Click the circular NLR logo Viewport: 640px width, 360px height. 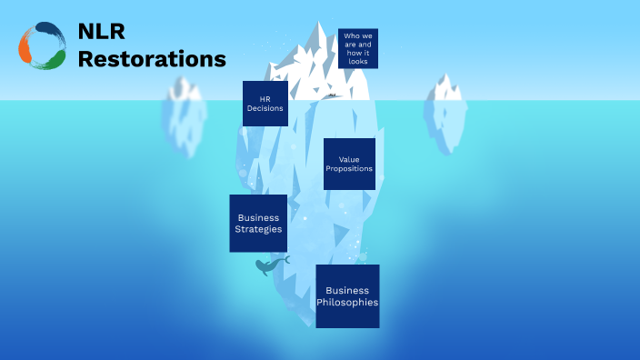coord(42,46)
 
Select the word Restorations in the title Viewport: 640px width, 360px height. coord(152,59)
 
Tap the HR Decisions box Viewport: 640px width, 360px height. coord(265,103)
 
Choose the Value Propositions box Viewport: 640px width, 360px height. coord(349,164)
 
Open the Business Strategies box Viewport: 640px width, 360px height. coord(258,223)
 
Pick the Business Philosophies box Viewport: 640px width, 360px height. coord(347,295)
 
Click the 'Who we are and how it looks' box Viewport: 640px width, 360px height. coord(358,48)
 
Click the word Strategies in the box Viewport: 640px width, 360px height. coord(259,229)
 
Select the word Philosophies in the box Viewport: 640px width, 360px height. coord(347,302)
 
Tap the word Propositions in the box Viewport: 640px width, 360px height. coord(349,169)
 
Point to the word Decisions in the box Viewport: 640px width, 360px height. coord(265,108)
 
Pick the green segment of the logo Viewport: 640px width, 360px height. coord(54,60)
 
